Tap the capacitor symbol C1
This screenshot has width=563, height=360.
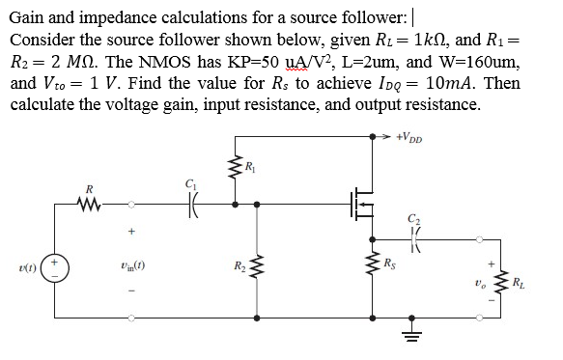pos(191,204)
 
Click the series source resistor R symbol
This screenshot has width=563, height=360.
pos(90,203)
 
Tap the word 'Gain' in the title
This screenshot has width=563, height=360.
pos(29,16)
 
